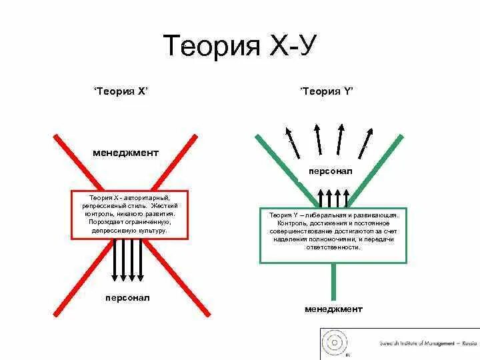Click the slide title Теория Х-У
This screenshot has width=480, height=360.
pyautogui.click(x=239, y=46)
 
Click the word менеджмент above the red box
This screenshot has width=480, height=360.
pyautogui.click(x=125, y=153)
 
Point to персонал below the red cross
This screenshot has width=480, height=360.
pyautogui.click(x=127, y=297)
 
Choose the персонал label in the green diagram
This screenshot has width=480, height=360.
pyautogui.click(x=330, y=171)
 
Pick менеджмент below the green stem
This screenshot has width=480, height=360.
pyautogui.click(x=333, y=309)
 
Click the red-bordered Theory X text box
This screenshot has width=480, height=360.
pyautogui.click(x=129, y=215)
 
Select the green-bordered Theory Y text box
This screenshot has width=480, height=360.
pyautogui.click(x=333, y=235)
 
